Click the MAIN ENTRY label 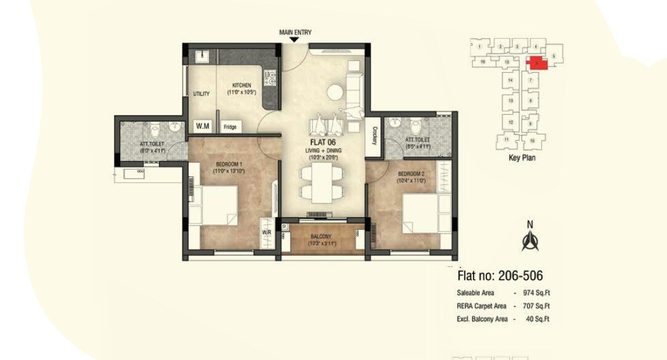pos(295,31)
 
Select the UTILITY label pos(202,94)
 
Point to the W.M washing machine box pos(203,126)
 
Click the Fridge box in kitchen pos(230,127)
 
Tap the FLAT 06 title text pos(323,142)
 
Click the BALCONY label pos(321,237)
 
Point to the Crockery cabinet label pos(374,135)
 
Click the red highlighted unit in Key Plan pos(536,62)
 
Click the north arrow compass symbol pos(528,241)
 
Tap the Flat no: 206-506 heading pos(500,276)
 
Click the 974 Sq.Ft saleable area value pos(535,293)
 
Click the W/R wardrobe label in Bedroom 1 pos(266,232)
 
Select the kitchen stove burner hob pos(270,78)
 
